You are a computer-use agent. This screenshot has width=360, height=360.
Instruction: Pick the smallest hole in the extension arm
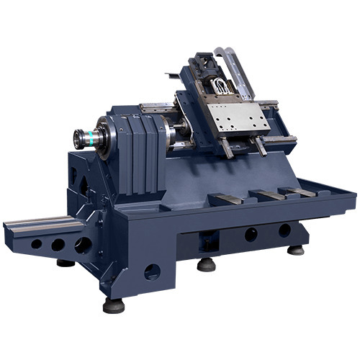36,244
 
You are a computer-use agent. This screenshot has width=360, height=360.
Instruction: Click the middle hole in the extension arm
57,245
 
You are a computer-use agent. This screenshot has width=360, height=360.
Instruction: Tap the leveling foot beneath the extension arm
66,263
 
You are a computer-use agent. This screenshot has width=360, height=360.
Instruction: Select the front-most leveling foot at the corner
113,305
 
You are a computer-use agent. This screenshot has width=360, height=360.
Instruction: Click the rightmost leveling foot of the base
295,250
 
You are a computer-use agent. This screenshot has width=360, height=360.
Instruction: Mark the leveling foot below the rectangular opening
207,264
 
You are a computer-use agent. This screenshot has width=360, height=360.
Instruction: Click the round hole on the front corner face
152,272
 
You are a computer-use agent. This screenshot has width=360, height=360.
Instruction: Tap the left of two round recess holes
251,235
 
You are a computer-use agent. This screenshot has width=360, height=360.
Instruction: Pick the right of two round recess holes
284,230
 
